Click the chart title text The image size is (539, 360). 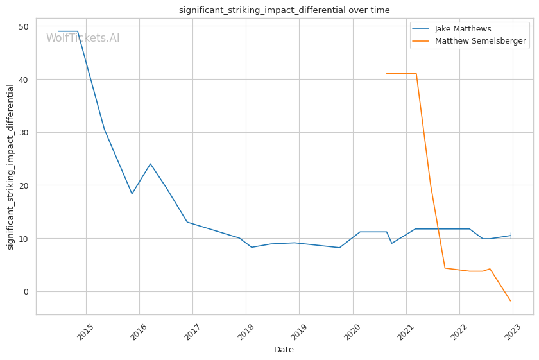[284, 10]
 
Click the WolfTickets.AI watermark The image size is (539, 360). [83, 38]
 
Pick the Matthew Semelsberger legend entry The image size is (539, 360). [480, 41]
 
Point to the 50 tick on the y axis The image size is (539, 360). [24, 26]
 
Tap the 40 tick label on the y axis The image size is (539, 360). [24, 80]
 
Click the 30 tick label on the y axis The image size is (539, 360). [24, 133]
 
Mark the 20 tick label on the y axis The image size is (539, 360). [24, 185]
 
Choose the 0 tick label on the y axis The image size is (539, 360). [26, 292]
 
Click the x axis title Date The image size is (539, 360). [284, 350]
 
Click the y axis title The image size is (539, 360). [10, 167]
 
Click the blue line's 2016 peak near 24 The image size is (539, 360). [150, 164]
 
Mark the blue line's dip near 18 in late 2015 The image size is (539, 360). [132, 194]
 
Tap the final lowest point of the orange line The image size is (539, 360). [510, 300]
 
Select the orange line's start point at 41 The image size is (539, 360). [387, 74]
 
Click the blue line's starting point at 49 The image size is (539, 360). [58, 31]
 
